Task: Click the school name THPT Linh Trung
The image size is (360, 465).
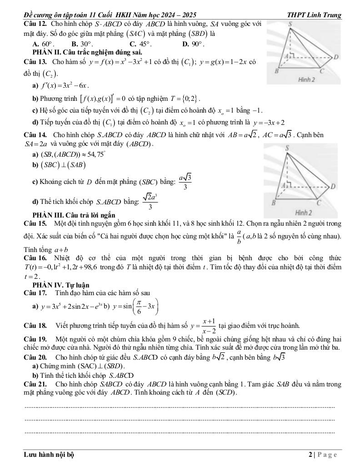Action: (x=314, y=15)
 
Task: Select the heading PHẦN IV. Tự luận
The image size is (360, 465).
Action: (x=61, y=285)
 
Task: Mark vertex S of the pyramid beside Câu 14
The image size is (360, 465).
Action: (x=287, y=148)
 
